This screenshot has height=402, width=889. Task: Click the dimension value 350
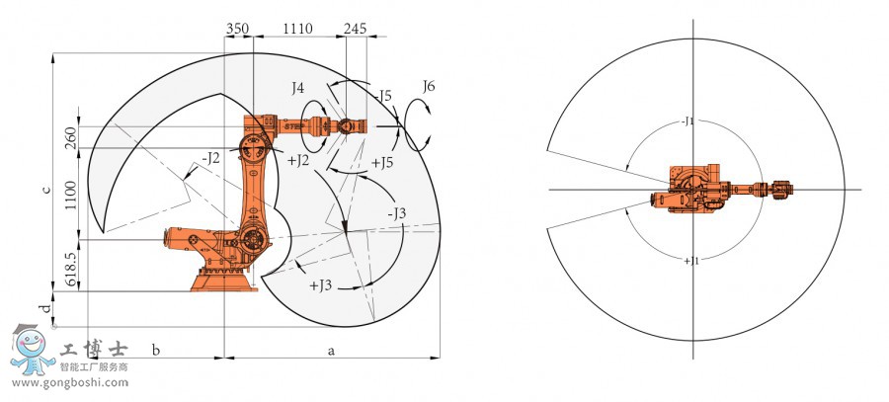pyautogui.click(x=237, y=29)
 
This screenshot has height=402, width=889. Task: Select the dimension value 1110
pyautogui.click(x=297, y=29)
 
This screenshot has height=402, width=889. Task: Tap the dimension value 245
pyautogui.click(x=355, y=29)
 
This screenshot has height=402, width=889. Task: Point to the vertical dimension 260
pyautogui.click(x=71, y=137)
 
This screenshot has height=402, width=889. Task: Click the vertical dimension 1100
pyautogui.click(x=71, y=195)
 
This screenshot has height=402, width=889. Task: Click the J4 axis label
pyautogui.click(x=297, y=88)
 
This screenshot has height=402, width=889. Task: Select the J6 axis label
pyautogui.click(x=429, y=86)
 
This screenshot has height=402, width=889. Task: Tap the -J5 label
pyautogui.click(x=382, y=96)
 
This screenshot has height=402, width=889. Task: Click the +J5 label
pyautogui.click(x=382, y=163)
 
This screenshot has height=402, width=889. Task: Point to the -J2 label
pyautogui.click(x=209, y=158)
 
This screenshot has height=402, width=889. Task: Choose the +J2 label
pyautogui.click(x=298, y=160)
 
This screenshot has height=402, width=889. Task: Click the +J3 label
pyautogui.click(x=320, y=285)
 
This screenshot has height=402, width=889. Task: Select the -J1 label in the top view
pyautogui.click(x=687, y=121)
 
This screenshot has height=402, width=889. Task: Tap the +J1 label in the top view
pyautogui.click(x=691, y=261)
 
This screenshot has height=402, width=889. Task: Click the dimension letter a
pyautogui.click(x=332, y=351)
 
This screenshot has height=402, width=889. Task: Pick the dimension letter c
pyautogui.click(x=48, y=189)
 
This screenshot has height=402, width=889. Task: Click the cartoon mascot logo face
pyautogui.click(x=30, y=343)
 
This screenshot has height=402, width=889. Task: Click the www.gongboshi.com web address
pyautogui.click(x=70, y=382)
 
